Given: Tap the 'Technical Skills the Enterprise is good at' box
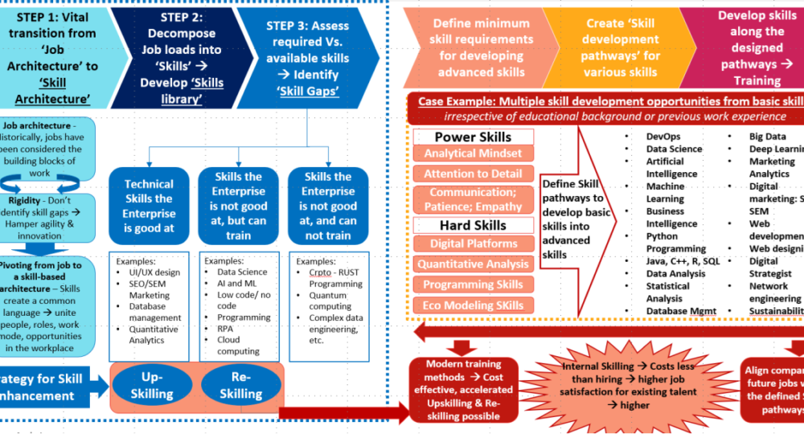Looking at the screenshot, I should [x=148, y=205].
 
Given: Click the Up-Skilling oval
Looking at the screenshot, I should [x=152, y=385].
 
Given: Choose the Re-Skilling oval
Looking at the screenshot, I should [x=240, y=385].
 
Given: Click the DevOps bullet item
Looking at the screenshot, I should [x=662, y=137].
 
